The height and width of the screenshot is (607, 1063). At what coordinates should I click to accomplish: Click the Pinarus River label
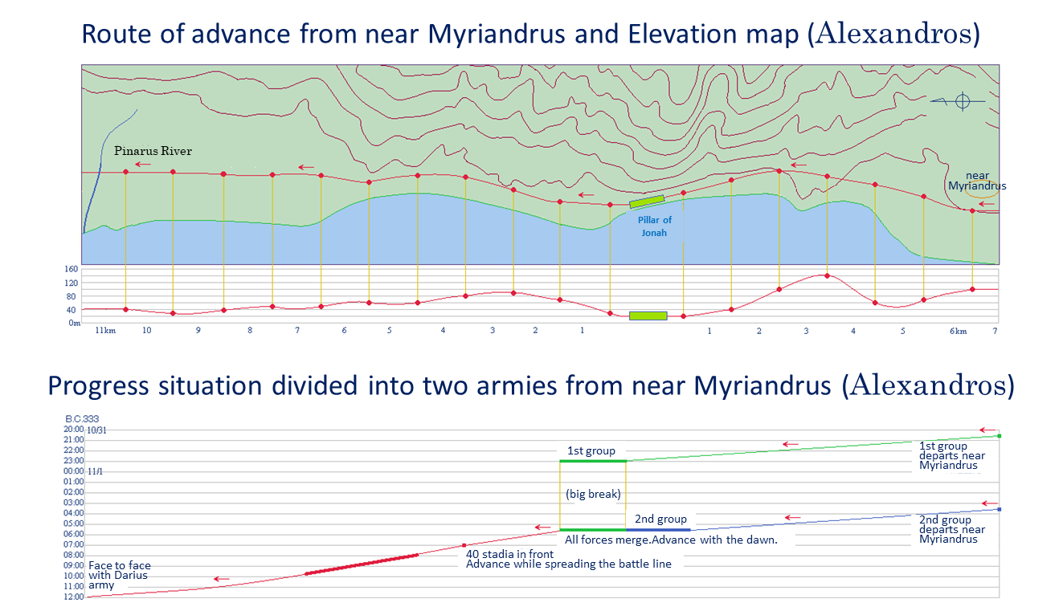click(x=153, y=151)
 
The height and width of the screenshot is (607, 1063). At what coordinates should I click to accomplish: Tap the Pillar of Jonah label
click(x=655, y=226)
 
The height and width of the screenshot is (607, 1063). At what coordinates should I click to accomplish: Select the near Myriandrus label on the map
click(x=977, y=181)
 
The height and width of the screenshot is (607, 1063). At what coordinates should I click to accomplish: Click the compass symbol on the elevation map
click(x=963, y=101)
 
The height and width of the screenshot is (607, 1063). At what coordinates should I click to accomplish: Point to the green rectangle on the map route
click(x=647, y=201)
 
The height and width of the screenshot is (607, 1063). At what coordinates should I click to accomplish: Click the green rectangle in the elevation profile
click(x=648, y=316)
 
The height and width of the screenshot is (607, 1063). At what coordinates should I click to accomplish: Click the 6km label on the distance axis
click(x=957, y=331)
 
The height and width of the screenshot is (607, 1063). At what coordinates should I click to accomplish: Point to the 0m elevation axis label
click(x=74, y=323)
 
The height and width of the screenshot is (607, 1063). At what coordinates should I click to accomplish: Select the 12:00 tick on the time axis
click(x=74, y=597)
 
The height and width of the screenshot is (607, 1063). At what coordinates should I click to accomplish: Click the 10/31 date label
click(x=96, y=430)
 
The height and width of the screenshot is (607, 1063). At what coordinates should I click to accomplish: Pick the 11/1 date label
click(x=94, y=471)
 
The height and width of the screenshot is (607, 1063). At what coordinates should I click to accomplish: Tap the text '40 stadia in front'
click(x=504, y=553)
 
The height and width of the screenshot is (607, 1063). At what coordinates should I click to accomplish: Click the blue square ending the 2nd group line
click(x=999, y=509)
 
